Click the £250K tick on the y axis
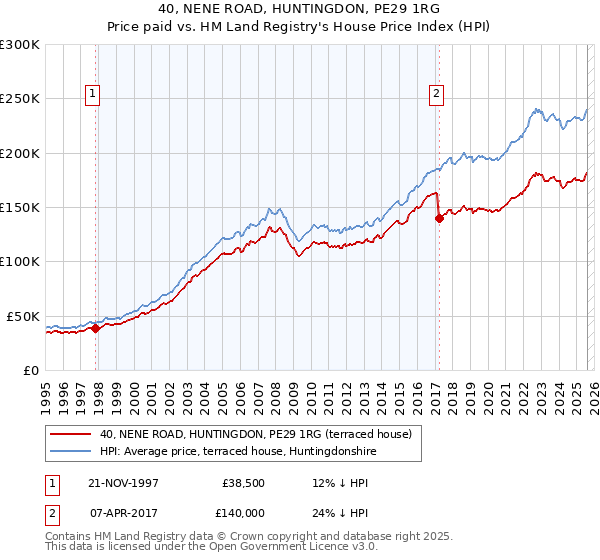click(x=20, y=99)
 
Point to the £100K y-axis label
click(x=20, y=261)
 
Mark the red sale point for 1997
click(x=96, y=327)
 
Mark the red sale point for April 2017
click(x=438, y=219)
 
